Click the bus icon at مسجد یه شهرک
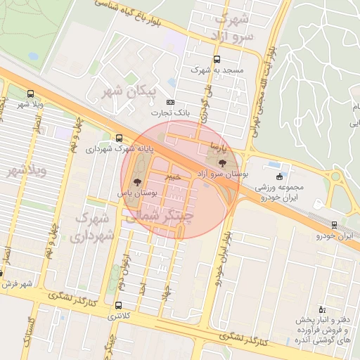pos(216,60)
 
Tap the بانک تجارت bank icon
pos(169,102)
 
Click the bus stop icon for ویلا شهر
pos(30,94)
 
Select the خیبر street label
pos(172,176)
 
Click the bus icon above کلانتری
pos(117,306)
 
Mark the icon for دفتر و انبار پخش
pos(322,309)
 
